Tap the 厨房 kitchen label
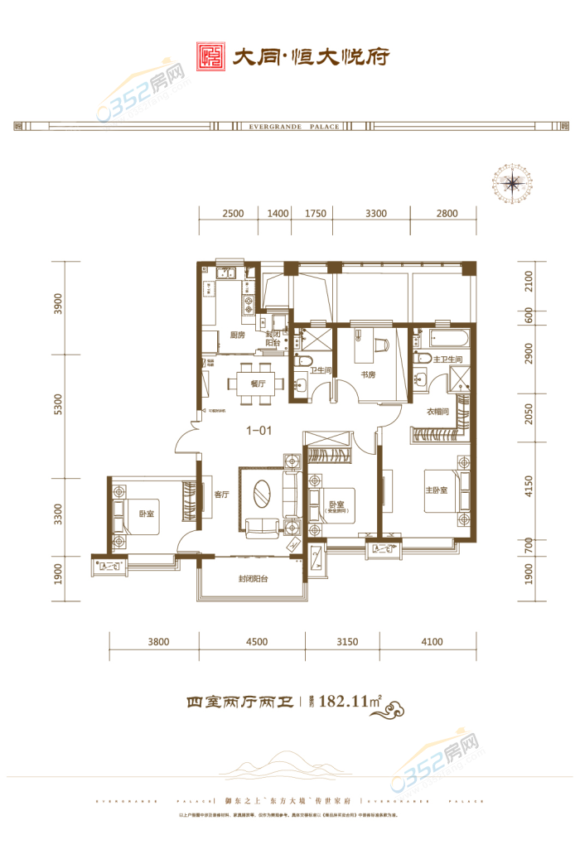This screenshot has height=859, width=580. [237, 335]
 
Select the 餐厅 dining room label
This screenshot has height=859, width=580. [256, 384]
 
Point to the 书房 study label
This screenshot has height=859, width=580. [369, 374]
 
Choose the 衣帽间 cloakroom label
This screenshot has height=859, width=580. [438, 412]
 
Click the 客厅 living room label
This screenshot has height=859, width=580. [221, 495]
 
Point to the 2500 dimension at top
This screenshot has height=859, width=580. [233, 214]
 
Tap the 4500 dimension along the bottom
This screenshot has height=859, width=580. [256, 641]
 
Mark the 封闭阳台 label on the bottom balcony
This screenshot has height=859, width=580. [253, 580]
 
